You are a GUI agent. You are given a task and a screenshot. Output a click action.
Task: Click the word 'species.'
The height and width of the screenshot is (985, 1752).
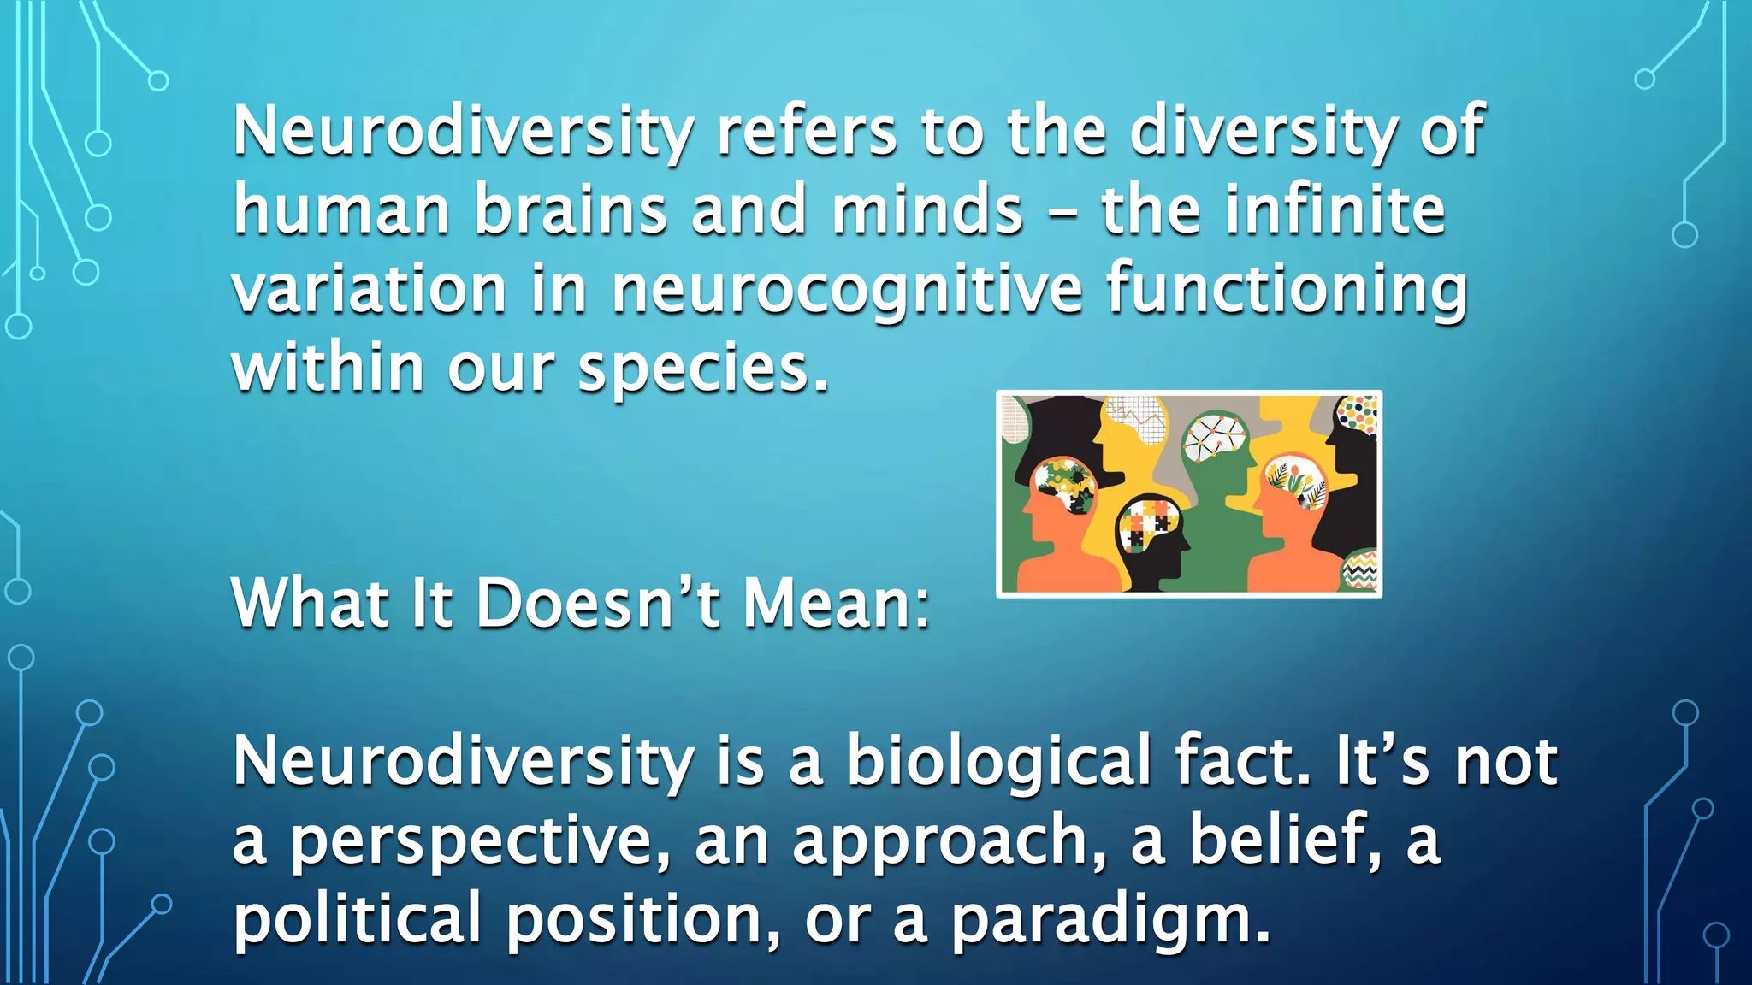(703, 369)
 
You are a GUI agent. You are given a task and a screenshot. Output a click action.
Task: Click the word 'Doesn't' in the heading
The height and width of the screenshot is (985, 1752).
(597, 603)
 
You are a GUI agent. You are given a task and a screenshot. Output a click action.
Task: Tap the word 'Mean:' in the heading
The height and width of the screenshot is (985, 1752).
(837, 603)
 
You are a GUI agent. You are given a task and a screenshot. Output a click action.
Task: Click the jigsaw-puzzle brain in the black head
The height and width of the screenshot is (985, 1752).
(1149, 524)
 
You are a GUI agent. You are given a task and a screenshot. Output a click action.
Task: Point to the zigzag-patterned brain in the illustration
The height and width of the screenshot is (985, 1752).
(1360, 569)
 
